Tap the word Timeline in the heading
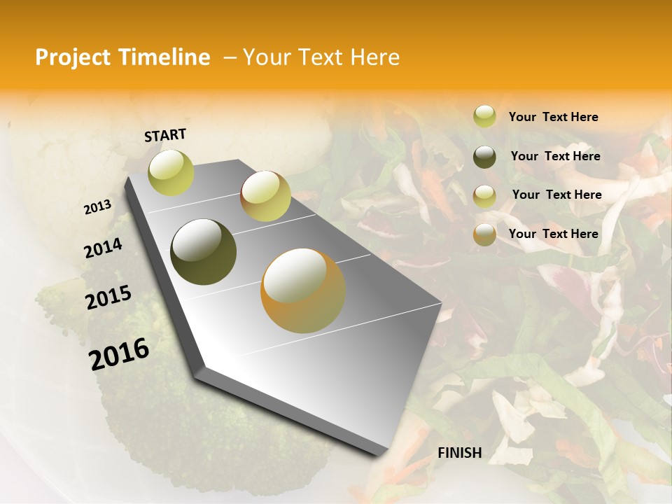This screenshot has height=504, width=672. click(x=166, y=57)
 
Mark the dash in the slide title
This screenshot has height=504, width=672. click(x=230, y=58)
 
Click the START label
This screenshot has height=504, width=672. click(x=165, y=135)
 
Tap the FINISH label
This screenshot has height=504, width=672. click(x=460, y=453)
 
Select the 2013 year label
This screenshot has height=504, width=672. click(x=97, y=207)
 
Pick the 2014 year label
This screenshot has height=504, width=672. click(x=103, y=248)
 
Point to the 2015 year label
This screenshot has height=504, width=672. click(x=108, y=297)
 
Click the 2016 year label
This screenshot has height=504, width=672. click(x=119, y=354)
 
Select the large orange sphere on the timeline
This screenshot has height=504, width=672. click(x=303, y=290)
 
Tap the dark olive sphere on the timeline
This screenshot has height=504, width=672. click(x=203, y=252)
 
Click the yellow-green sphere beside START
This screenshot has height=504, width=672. click(x=171, y=172)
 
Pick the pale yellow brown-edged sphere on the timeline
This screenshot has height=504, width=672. click(x=265, y=196)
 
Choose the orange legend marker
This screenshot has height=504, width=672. click(x=484, y=234)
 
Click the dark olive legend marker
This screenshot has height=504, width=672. click(x=484, y=157)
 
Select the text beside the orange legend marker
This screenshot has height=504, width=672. click(x=553, y=234)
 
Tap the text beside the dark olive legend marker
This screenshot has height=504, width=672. click(x=555, y=156)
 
